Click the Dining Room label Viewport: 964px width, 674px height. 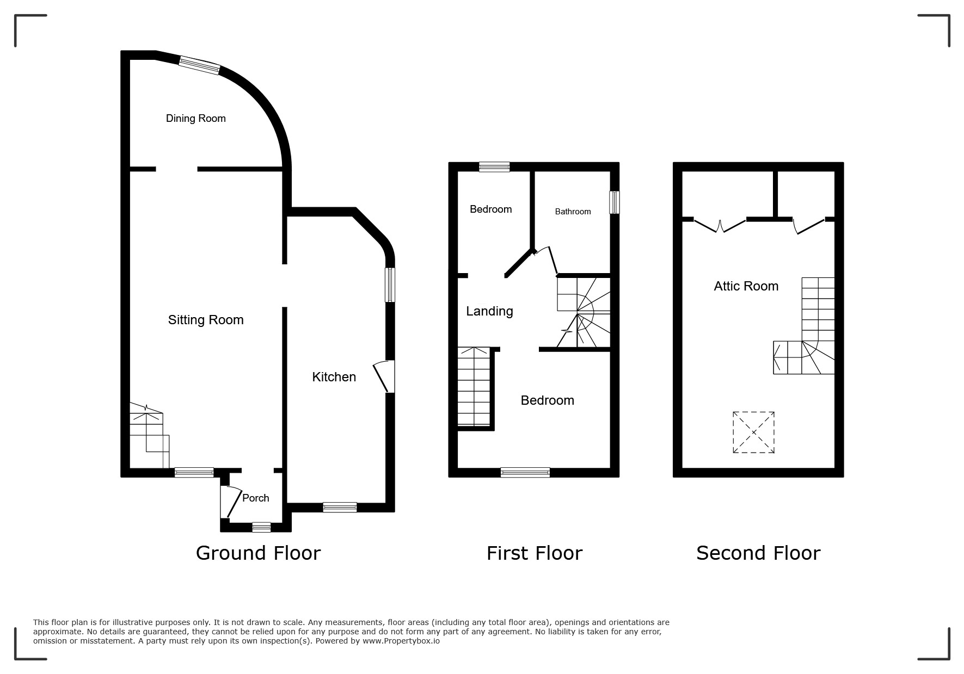pos(195,119)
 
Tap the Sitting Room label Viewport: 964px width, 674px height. pos(206,320)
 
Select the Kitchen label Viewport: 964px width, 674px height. pos(334,377)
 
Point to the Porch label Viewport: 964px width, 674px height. pos(255,498)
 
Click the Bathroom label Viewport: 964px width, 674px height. pos(573,212)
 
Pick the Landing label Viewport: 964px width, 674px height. pos(489,311)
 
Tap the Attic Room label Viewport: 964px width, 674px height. pos(746,286)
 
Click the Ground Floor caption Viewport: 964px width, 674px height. pos(258,553)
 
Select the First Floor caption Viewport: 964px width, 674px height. pos(534,553)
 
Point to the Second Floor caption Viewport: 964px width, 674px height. pos(758,553)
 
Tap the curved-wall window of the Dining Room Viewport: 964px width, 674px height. pos(200,65)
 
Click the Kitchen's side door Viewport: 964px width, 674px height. pos(384,376)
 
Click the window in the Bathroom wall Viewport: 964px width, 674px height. pos(615,202)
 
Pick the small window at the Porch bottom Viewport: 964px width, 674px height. pos(261,527)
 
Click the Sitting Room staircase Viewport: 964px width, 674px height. pos(148,436)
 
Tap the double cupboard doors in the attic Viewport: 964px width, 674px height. pos(720,225)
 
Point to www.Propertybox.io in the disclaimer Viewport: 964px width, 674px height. pos(401,641)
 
